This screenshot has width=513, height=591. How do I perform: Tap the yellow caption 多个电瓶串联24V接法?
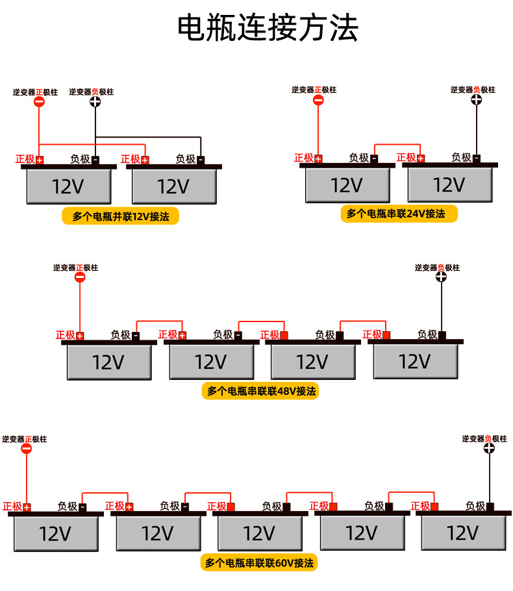click(x=399, y=214)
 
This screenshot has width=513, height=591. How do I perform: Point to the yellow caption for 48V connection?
click(x=260, y=391)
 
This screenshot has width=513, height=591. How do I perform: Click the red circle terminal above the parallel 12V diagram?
click(x=39, y=102)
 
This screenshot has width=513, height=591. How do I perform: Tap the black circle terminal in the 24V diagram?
click(x=476, y=99)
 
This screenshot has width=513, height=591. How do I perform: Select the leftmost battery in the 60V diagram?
click(x=56, y=533)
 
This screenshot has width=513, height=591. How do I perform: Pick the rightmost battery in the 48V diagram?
click(x=416, y=361)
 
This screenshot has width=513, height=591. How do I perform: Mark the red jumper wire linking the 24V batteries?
click(x=397, y=145)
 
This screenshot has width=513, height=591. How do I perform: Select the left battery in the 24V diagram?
click(x=347, y=185)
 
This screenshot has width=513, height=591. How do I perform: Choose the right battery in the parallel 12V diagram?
click(x=174, y=187)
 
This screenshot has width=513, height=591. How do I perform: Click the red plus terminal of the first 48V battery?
click(x=80, y=336)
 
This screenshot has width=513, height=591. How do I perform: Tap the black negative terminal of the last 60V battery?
click(x=490, y=507)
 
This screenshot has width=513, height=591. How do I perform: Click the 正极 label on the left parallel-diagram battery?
click(x=25, y=159)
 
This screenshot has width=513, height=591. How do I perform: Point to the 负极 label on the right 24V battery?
click(x=461, y=158)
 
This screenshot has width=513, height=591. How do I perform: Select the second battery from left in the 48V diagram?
click(x=211, y=361)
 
